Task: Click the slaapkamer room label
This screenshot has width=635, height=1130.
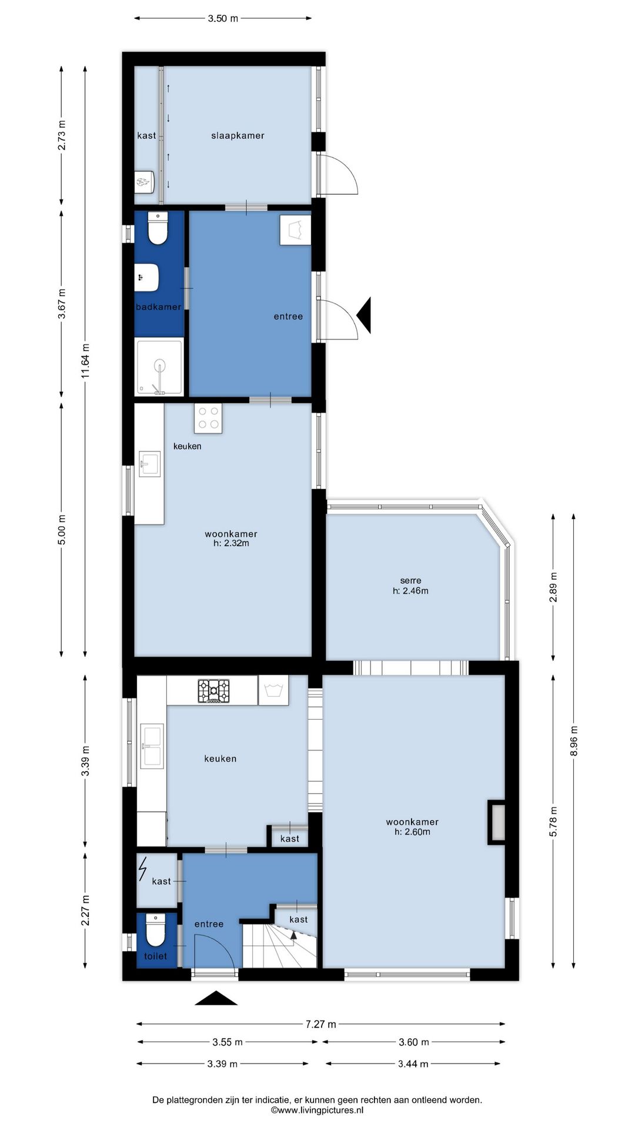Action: click(238, 135)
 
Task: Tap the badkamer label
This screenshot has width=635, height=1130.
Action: click(158, 307)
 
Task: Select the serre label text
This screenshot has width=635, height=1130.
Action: click(410, 580)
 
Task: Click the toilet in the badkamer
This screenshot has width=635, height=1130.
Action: click(158, 228)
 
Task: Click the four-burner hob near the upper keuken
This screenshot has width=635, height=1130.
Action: click(208, 418)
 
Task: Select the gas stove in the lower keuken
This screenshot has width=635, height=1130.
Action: click(214, 691)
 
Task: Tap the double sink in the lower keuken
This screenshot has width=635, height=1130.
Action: click(152, 747)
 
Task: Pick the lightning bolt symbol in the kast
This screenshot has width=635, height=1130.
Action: click(143, 869)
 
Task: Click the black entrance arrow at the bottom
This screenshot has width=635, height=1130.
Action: click(216, 998)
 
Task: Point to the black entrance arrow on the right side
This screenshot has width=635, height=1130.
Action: click(364, 315)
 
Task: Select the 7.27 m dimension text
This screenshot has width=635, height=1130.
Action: click(320, 1024)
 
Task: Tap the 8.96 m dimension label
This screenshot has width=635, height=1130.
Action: click(574, 741)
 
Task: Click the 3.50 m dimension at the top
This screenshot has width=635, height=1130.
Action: click(223, 18)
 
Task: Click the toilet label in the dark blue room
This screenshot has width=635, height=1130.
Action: click(156, 956)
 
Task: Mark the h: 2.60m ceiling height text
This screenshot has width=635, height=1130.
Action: click(412, 832)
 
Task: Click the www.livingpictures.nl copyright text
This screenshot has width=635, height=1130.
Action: click(317, 1110)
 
